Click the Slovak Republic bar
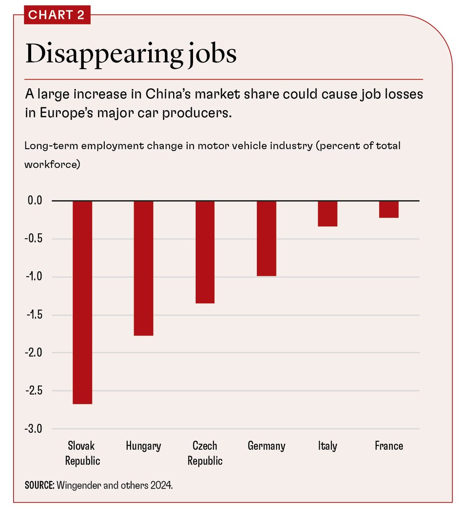point(82,302)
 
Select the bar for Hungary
point(144,268)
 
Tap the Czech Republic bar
point(205,252)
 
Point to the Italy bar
point(328,214)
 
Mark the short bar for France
point(389,209)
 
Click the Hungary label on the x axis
point(143,446)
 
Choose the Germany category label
point(266,446)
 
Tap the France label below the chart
point(389,446)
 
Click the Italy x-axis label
point(328,446)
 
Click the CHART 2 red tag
point(57,15)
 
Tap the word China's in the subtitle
point(176,95)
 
